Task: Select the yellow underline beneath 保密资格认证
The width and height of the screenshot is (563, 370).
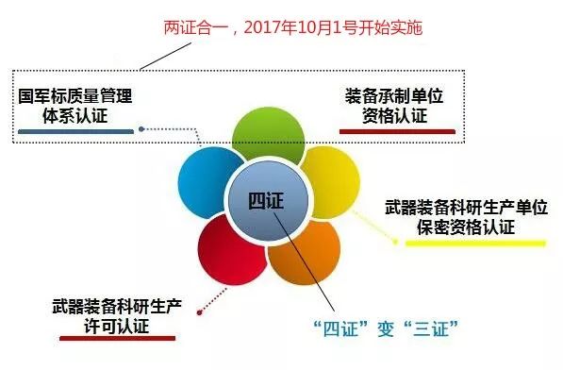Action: (475, 242)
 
